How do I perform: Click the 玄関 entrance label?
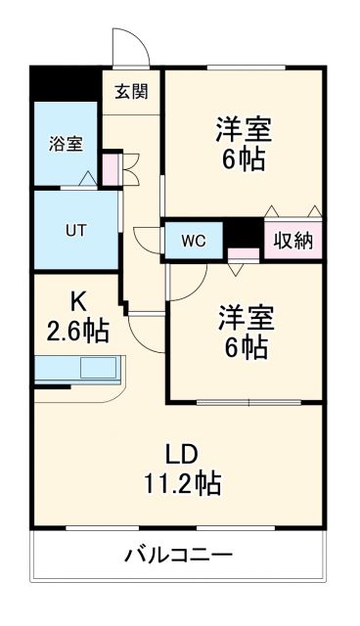[130, 92]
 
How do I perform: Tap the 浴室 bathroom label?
[66, 144]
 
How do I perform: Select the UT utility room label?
[75, 232]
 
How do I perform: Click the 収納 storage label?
[292, 241]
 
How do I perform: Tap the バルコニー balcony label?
[179, 557]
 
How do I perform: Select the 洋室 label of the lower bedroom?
[246, 317]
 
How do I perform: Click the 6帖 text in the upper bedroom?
[243, 159]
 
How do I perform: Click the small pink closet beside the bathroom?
[111, 168]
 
